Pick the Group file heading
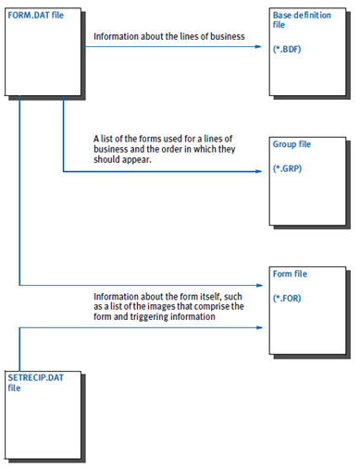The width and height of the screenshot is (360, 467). click(x=292, y=145)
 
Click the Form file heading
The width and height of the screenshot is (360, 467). click(x=291, y=274)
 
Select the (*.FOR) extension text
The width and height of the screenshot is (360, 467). click(x=290, y=298)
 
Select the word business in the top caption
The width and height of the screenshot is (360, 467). click(x=224, y=38)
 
